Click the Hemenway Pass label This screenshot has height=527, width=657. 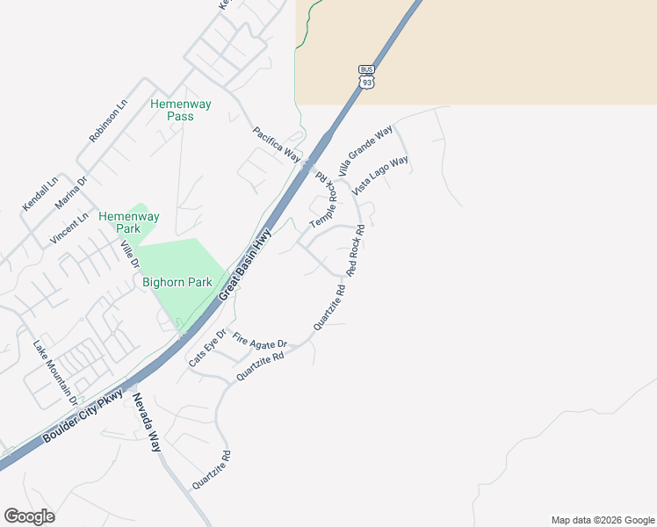pos(180,110)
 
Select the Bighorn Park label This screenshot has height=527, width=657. pos(173,283)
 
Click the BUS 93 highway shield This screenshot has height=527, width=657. pos(366,76)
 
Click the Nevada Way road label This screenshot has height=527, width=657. pos(148,423)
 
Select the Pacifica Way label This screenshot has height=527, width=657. pos(277,144)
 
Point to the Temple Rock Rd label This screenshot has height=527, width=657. pos(324,201)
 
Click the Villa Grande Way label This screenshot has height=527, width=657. pos(365,152)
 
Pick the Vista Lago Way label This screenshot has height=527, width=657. pos(380,176)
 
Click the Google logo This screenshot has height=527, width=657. pos(29,516)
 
